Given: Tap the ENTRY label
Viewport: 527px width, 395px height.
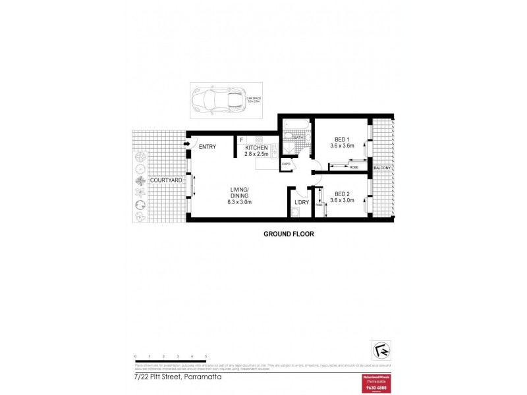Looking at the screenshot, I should point(208,147).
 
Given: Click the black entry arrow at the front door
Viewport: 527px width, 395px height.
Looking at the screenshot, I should point(187,144).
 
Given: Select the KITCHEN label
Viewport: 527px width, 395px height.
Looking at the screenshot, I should point(256,148).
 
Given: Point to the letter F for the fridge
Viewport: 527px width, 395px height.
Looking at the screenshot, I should point(242,140).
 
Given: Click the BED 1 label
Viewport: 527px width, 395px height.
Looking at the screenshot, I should point(341,139).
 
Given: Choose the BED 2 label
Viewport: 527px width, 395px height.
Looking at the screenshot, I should point(341,194).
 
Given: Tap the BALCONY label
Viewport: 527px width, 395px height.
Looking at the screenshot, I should point(383,169).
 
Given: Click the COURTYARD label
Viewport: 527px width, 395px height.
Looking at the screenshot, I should point(165,180).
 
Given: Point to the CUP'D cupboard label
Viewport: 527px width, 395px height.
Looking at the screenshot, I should point(287,164).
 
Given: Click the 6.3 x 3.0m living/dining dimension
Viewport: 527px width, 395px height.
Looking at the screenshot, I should point(240,202).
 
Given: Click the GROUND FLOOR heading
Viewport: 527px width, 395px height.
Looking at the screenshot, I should point(289,234).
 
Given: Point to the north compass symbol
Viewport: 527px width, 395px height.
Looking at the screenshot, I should point(381,346).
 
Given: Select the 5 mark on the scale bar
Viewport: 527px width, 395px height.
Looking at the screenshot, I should point(206,355).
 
